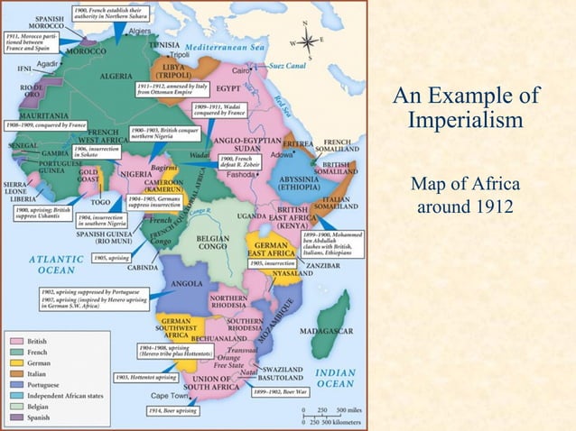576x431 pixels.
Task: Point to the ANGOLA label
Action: click(188, 283)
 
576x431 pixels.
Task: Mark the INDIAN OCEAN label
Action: click(334, 378)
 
